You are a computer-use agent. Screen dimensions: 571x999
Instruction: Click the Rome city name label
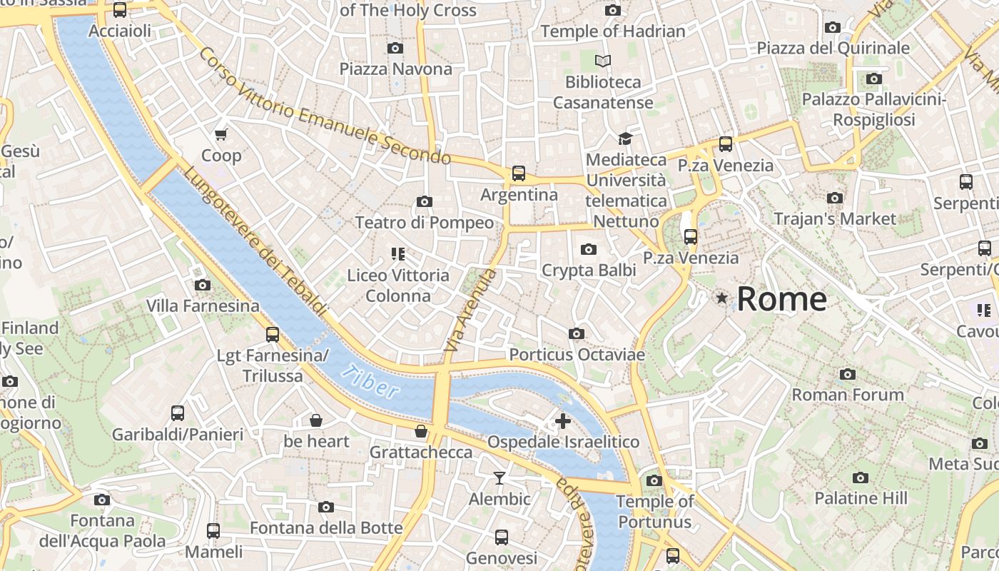tap(781, 298)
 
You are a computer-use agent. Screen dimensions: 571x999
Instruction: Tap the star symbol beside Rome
tap(722, 298)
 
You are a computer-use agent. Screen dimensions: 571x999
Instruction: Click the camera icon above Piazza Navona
tap(395, 48)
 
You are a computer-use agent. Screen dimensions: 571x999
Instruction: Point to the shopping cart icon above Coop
tap(221, 134)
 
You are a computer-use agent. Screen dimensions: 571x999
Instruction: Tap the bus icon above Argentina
tap(519, 173)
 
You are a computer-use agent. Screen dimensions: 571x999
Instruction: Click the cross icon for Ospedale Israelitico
tap(563, 421)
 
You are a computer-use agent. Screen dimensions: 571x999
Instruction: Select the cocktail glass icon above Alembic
tap(499, 477)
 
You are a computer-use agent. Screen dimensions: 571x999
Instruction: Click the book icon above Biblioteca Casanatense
tap(603, 61)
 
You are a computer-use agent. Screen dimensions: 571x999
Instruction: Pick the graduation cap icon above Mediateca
tap(626, 138)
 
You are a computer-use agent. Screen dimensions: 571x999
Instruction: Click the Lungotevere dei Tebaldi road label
tap(254, 243)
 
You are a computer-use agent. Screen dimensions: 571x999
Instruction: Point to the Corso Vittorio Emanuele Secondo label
tap(325, 107)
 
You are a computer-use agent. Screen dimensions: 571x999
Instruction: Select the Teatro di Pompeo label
tap(425, 223)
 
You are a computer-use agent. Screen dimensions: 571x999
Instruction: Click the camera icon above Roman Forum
tap(848, 374)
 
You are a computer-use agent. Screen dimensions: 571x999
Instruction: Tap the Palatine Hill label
tap(861, 498)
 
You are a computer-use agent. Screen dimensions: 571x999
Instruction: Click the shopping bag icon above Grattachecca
tap(422, 431)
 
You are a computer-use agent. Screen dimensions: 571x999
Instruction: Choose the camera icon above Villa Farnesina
tap(203, 285)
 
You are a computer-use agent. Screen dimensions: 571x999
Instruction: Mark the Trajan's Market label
tap(834, 218)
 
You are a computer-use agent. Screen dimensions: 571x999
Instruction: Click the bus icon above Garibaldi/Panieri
tap(178, 413)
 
